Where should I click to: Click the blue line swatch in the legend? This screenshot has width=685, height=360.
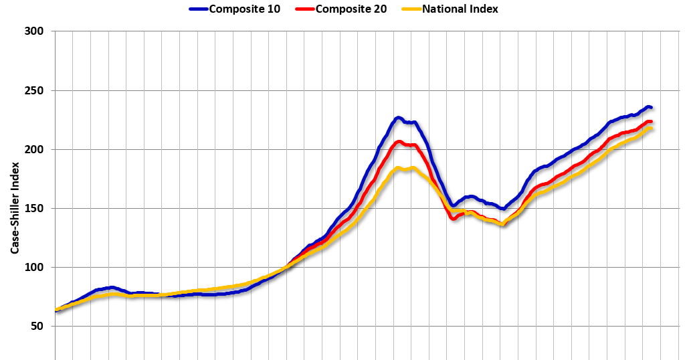pyautogui.click(x=198, y=9)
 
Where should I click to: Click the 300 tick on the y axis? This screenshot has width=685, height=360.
pyautogui.click(x=35, y=31)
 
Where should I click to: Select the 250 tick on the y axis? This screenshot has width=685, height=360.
pyautogui.click(x=35, y=90)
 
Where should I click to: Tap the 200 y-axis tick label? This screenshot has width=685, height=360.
pyautogui.click(x=35, y=149)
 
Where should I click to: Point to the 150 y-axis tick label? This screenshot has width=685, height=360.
pyautogui.click(x=35, y=208)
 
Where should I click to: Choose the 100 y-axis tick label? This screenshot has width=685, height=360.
pyautogui.click(x=35, y=267)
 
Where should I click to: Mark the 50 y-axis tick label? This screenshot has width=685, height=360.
pyautogui.click(x=37, y=326)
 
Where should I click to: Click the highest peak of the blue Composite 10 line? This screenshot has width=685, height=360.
pyautogui.click(x=398, y=118)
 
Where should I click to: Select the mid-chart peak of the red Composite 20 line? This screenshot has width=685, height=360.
pyautogui.click(x=399, y=141)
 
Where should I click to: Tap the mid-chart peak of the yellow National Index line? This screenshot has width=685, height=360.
pyautogui.click(x=398, y=168)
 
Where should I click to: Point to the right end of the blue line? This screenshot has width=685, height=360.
pyautogui.click(x=650, y=107)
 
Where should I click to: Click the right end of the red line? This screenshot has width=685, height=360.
pyautogui.click(x=650, y=122)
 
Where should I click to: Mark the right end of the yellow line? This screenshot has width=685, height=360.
pyautogui.click(x=651, y=128)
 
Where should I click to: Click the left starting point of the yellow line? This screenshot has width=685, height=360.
pyautogui.click(x=56, y=310)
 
